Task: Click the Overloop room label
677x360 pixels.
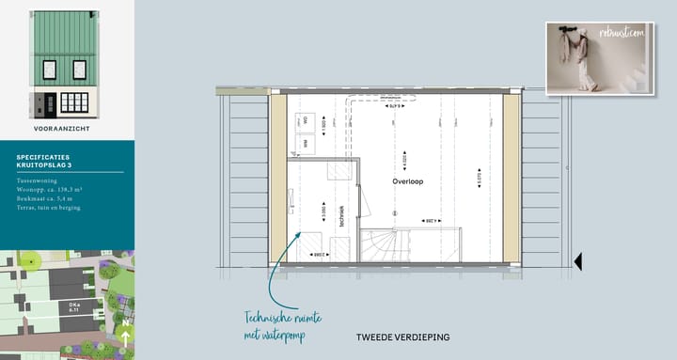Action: [x=408, y=180]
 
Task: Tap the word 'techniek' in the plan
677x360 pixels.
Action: [x=342, y=217]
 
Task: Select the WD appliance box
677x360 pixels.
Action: [x=305, y=120]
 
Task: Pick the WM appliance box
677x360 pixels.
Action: [x=305, y=143]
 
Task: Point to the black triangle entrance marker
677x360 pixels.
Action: [x=579, y=261]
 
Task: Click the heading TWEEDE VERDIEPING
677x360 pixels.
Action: [x=402, y=337]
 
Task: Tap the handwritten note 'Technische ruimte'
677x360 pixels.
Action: [x=272, y=317]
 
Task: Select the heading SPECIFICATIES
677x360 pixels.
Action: [x=42, y=157]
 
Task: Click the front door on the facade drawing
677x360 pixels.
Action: [x=41, y=102]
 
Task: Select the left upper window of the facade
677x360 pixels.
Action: [x=51, y=70]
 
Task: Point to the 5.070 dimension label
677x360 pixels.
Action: [x=479, y=180]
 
